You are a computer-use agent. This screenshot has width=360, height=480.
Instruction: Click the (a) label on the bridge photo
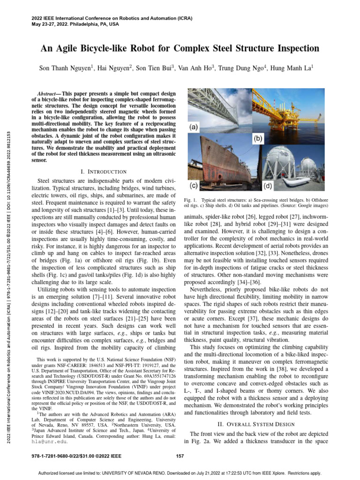(194, 127)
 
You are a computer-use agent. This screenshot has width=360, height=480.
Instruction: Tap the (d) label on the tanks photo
(267, 186)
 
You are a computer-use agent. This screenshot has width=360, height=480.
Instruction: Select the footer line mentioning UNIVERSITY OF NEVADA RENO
(180, 472)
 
